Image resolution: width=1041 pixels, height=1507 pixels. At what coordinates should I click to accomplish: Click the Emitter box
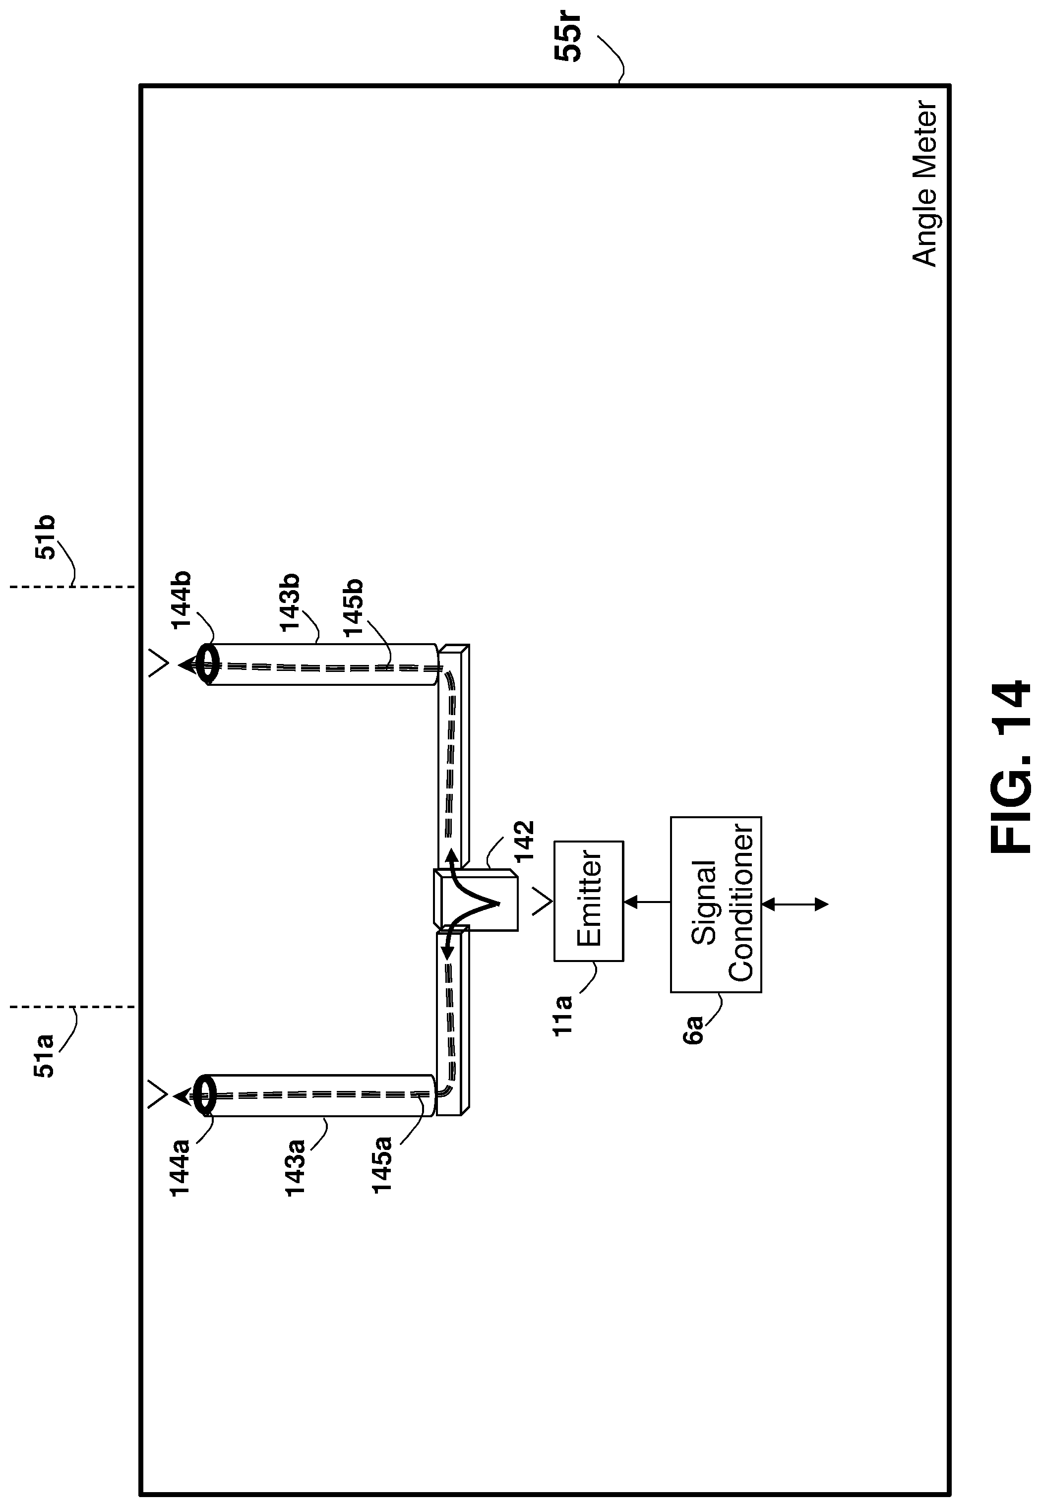[588, 900]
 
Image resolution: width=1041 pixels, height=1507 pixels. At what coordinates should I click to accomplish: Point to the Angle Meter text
[924, 184]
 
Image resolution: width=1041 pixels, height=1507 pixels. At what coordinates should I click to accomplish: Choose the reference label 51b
[44, 538]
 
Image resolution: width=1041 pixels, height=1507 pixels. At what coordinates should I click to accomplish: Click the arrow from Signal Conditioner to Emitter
[647, 903]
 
